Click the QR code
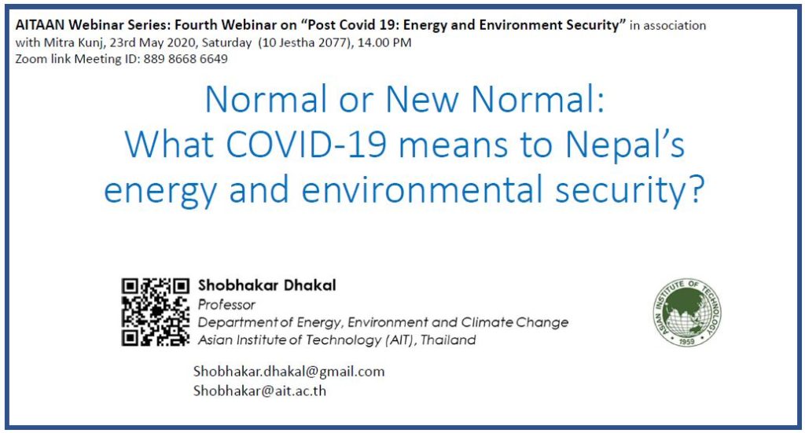(x=156, y=312)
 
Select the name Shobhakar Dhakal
(x=267, y=285)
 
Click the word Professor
(x=226, y=305)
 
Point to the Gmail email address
(x=289, y=372)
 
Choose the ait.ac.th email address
(x=259, y=391)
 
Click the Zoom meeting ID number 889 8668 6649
(x=186, y=59)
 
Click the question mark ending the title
(x=695, y=189)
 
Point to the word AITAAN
(x=41, y=24)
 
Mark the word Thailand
(x=448, y=340)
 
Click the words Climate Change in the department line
(x=515, y=322)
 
